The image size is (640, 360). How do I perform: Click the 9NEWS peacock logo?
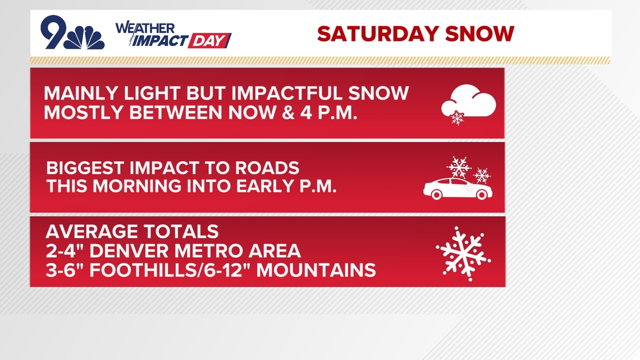tap(72, 34)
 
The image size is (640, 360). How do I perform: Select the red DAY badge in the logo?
tap(209, 41)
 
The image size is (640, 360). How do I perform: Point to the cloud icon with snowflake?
tap(468, 105)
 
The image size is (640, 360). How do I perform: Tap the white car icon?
tap(458, 189)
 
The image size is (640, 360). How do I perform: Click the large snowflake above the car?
tap(458, 167)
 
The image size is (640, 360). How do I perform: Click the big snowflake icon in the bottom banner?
tap(463, 253)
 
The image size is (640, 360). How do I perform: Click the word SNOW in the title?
tap(479, 34)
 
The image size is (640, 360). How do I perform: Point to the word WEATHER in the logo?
tap(145, 28)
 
